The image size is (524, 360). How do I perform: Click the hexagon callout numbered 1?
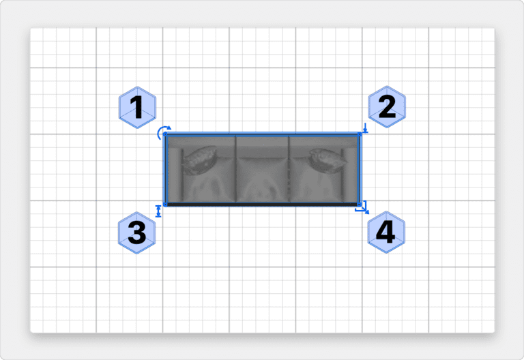[137, 107]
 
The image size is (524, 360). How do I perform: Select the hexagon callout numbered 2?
[387, 106]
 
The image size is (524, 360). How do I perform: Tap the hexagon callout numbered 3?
[137, 232]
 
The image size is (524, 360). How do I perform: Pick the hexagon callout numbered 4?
[386, 232]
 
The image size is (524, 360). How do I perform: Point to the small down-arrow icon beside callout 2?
[365, 128]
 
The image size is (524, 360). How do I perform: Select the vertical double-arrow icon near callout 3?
[158, 211]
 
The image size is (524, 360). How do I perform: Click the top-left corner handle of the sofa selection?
[165, 134]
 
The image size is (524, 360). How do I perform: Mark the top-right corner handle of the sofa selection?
[360, 134]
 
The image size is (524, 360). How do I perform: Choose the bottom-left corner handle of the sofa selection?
[165, 205]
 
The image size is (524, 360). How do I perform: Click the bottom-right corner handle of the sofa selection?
[360, 205]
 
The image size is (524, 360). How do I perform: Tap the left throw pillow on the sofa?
[199, 160]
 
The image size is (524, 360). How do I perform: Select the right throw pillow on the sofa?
[327, 160]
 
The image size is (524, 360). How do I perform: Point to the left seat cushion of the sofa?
[209, 180]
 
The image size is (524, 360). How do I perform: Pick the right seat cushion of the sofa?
[316, 180]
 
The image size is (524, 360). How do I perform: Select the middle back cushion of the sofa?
[263, 147]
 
